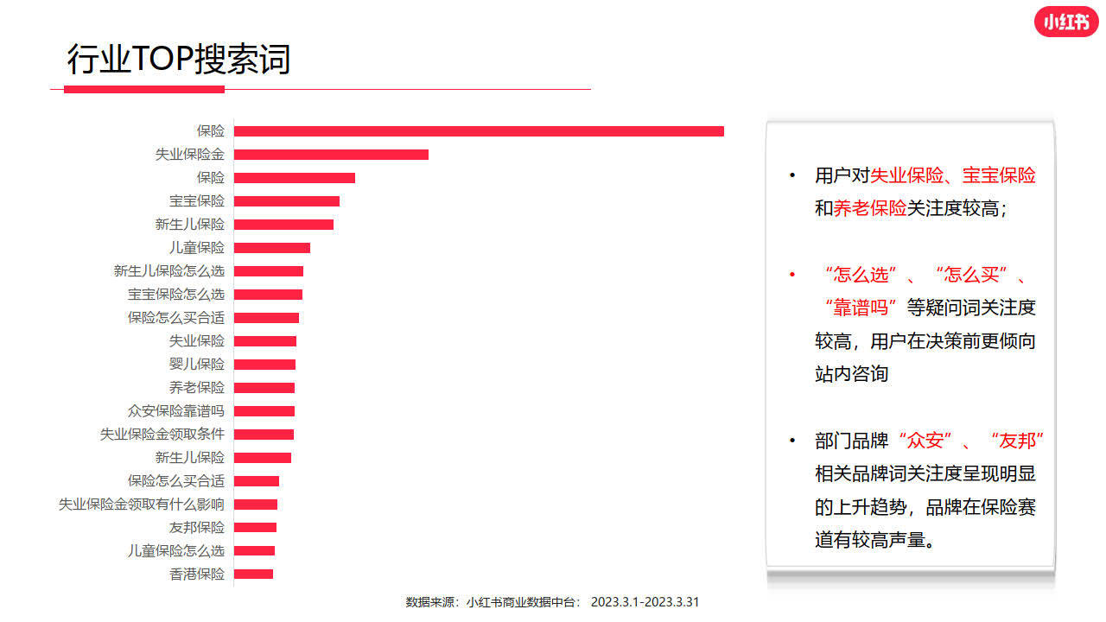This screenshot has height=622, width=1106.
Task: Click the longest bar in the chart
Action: pyautogui.click(x=479, y=131)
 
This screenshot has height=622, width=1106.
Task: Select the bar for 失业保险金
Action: pyautogui.click(x=331, y=155)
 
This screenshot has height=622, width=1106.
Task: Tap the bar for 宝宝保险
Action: pyautogui.click(x=286, y=201)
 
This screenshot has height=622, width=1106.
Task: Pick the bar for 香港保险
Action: pyautogui.click(x=253, y=574)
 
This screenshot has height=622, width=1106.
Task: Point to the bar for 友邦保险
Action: pyautogui.click(x=255, y=527)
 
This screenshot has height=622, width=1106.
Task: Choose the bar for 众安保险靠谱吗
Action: pyautogui.click(x=264, y=411)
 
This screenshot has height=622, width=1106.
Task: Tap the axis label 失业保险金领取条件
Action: pyautogui.click(x=162, y=435)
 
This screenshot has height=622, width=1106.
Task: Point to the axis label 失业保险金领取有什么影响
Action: pyautogui.click(x=141, y=505)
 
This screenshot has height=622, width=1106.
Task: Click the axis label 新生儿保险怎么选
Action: pyautogui.click(x=168, y=271)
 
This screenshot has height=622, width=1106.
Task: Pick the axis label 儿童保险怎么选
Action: pyautogui.click(x=175, y=551)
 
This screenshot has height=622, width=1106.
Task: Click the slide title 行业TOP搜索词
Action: pyautogui.click(x=179, y=60)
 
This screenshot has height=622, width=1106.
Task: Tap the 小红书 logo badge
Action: pyautogui.click(x=1065, y=22)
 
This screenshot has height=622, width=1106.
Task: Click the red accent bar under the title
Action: pyautogui.click(x=144, y=89)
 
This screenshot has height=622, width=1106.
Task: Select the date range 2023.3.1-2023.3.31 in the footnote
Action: pyautogui.click(x=645, y=602)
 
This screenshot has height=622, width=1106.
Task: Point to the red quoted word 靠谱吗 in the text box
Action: pyautogui.click(x=861, y=308)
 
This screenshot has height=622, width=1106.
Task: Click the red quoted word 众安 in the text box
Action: pyautogui.click(x=925, y=441)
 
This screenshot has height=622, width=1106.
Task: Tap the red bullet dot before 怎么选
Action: pyautogui.click(x=791, y=276)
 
